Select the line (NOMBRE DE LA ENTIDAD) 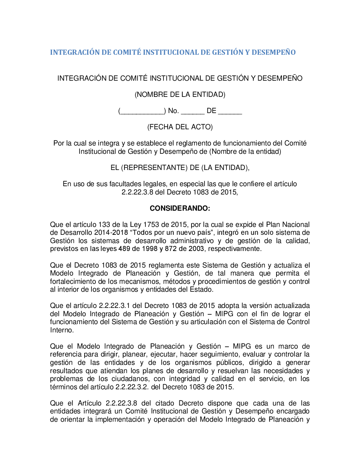pyautogui.click(x=180, y=94)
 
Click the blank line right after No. pyautogui.click(x=193, y=111)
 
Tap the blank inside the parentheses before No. pyautogui.click(x=142, y=111)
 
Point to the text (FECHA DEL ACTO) pyautogui.click(x=180, y=127)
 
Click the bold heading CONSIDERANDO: pyautogui.click(x=180, y=208)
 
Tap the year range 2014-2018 pyautogui.click(x=111, y=233)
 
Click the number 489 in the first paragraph pyautogui.click(x=124, y=249)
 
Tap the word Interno pyautogui.click(x=62, y=330)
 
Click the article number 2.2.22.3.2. pyautogui.click(x=132, y=387)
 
